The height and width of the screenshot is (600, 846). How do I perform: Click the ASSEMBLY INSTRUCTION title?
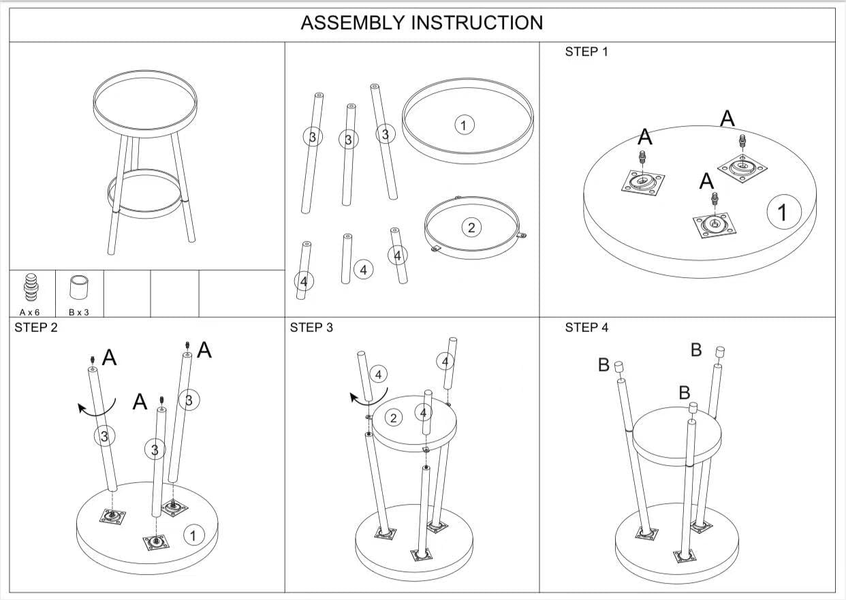(x=422, y=23)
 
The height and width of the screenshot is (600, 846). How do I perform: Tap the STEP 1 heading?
(x=586, y=52)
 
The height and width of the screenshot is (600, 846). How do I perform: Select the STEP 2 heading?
(x=36, y=328)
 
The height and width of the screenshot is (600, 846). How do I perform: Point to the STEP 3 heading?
(x=311, y=328)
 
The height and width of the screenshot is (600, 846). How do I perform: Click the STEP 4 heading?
(x=586, y=328)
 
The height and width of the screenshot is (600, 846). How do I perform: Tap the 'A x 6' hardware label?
(x=30, y=311)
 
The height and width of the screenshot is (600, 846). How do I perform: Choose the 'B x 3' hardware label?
(x=80, y=311)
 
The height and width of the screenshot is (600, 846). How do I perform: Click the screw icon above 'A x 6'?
(x=31, y=287)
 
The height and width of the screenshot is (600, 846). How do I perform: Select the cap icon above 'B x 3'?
(x=80, y=287)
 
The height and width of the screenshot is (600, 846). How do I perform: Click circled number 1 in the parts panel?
(x=464, y=125)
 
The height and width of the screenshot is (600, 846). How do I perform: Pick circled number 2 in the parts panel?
(x=471, y=227)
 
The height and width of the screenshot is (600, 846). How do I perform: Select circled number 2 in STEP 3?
(x=394, y=417)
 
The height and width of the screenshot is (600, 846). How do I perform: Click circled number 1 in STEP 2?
(x=193, y=536)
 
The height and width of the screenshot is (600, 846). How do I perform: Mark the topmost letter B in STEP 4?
(x=696, y=350)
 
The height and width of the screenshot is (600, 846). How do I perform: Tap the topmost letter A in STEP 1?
(x=727, y=119)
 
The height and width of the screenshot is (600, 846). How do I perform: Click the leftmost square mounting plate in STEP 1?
(x=643, y=183)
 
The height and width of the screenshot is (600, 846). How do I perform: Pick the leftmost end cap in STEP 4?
(x=619, y=368)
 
